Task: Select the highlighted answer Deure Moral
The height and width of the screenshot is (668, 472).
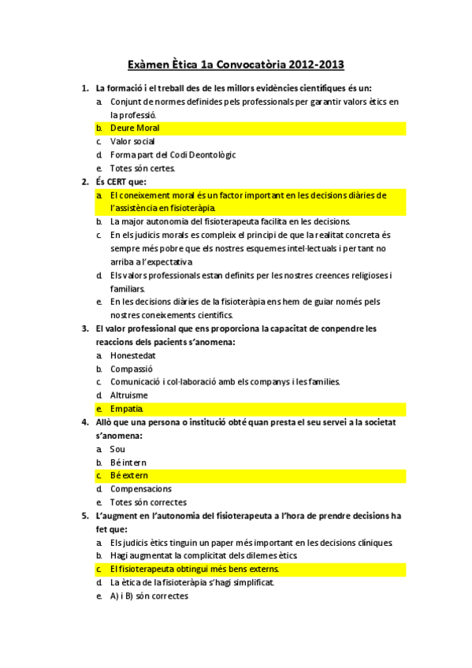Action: click(135, 128)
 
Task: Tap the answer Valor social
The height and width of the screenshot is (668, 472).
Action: click(132, 141)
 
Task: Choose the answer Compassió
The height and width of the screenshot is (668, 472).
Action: click(132, 368)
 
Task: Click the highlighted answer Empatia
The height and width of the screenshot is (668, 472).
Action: click(127, 409)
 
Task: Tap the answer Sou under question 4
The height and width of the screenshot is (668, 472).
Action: click(117, 449)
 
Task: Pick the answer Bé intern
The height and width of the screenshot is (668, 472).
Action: click(128, 462)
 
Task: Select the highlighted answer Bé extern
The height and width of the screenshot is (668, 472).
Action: click(129, 476)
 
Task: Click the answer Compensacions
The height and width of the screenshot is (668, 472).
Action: click(141, 489)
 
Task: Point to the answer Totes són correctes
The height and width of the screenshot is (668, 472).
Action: click(148, 503)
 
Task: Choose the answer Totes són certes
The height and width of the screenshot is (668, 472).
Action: click(143, 168)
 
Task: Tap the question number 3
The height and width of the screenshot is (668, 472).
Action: click(85, 328)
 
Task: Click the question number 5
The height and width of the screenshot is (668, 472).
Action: click(85, 515)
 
